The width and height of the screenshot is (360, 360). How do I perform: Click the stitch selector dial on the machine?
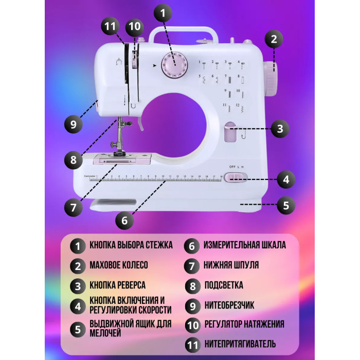(174, 65)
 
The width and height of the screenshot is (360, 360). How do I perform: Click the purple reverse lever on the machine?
(230, 132)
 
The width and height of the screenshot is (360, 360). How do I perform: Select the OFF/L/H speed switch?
(236, 177)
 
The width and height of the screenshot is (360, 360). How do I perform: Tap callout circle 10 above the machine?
(135, 27)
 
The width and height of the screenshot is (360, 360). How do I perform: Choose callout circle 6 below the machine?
(124, 221)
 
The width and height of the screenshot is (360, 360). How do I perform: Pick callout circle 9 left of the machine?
(73, 124)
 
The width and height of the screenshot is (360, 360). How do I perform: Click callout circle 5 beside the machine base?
(286, 205)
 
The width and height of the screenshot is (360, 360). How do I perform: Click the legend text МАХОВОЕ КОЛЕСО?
(119, 265)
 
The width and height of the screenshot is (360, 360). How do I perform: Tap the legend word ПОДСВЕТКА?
(224, 285)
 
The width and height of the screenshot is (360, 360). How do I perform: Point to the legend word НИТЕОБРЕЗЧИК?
(229, 305)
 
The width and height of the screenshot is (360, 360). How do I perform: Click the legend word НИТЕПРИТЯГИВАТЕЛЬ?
(240, 344)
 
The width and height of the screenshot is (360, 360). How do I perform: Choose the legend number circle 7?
(192, 266)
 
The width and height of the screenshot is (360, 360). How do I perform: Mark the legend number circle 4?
(78, 307)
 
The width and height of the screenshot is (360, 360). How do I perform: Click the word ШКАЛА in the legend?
(272, 245)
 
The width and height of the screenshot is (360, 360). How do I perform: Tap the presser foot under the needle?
(120, 153)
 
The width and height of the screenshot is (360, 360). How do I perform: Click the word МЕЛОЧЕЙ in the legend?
(105, 333)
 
